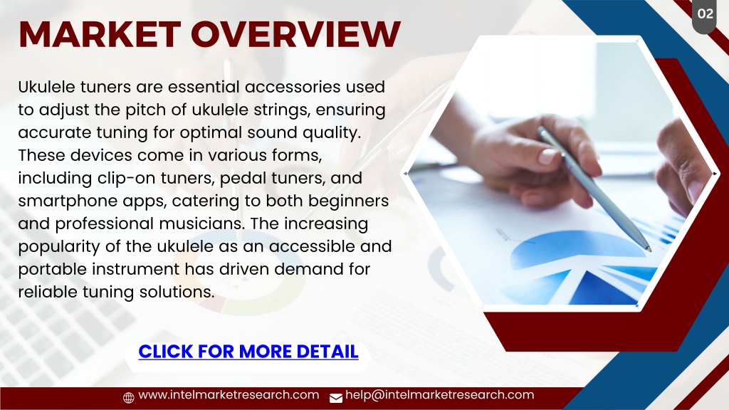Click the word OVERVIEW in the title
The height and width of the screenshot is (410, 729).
coord(295,34)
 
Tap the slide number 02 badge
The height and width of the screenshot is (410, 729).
coord(705,14)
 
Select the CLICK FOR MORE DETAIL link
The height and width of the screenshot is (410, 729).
coord(248,352)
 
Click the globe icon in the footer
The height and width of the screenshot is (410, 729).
coord(129,397)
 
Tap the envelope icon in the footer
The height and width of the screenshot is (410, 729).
coord(336,398)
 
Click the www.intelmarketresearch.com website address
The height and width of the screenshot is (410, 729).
coord(229,394)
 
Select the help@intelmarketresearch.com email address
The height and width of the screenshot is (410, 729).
coord(440,394)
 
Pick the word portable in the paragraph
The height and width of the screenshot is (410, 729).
coord(52,270)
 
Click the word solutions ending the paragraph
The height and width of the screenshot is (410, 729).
coord(177,292)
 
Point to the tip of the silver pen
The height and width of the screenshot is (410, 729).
coord(649,250)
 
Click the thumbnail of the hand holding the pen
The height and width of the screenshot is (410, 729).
coord(560,174)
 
